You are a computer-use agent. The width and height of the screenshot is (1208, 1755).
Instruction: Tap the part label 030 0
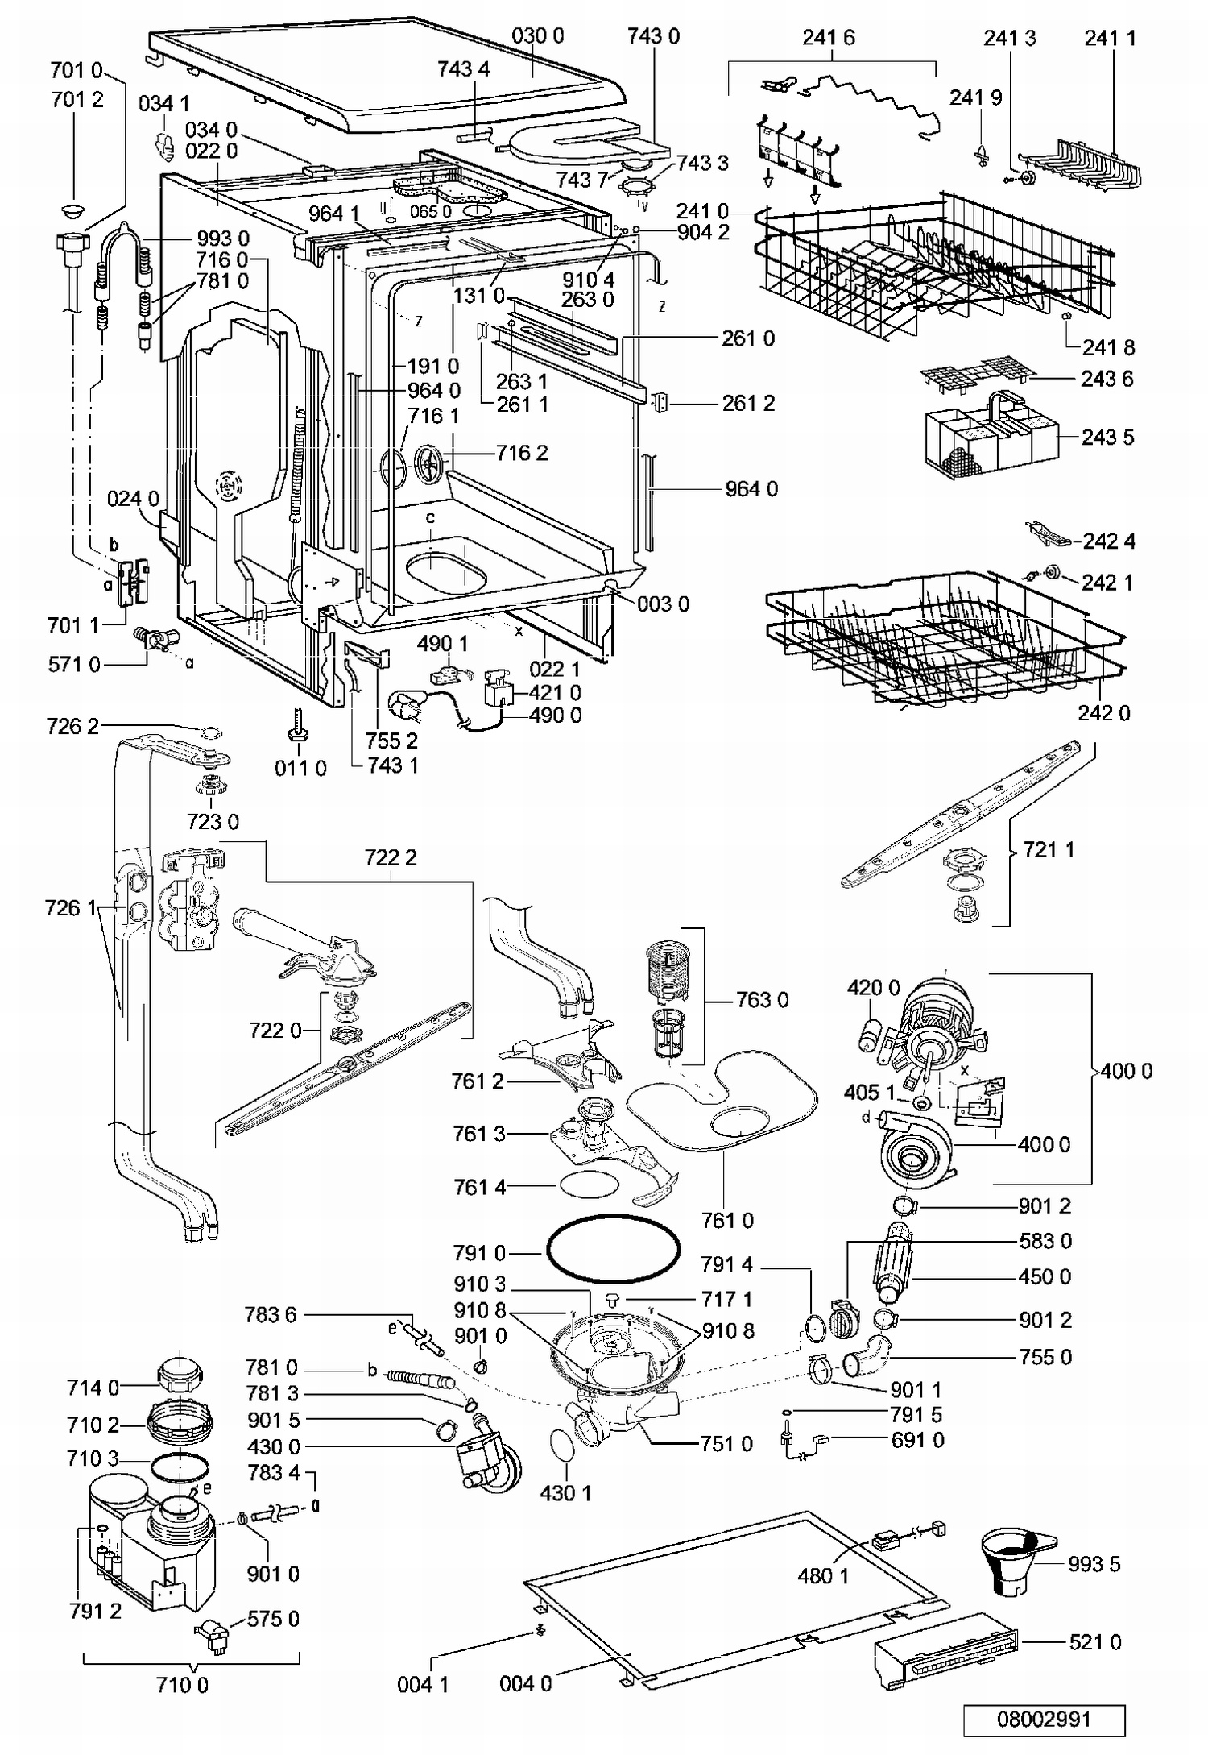click(537, 35)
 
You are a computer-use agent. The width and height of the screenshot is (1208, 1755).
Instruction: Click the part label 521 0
click(1094, 1641)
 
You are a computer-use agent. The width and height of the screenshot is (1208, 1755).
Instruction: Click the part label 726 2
click(72, 726)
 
